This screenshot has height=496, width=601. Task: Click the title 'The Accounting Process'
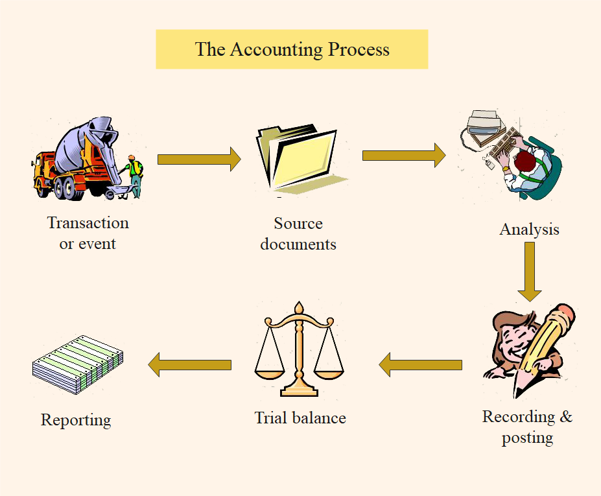coord(292,49)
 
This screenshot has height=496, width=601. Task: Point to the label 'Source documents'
coord(298,233)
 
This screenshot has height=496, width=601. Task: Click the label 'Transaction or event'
coord(88,233)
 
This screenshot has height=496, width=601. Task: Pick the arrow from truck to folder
coord(198,159)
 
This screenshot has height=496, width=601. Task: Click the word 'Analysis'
coord(529,229)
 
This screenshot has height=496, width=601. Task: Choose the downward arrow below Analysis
coord(530,271)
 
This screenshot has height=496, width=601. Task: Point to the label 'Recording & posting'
coord(527,426)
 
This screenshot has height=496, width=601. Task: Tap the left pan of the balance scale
coord(270,372)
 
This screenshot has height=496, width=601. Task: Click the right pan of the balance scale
coord(328,372)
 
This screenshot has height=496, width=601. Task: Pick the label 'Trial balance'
coord(300,418)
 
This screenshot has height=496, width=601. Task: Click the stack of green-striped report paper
coord(78,364)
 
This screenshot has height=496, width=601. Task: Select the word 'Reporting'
coord(76,419)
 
